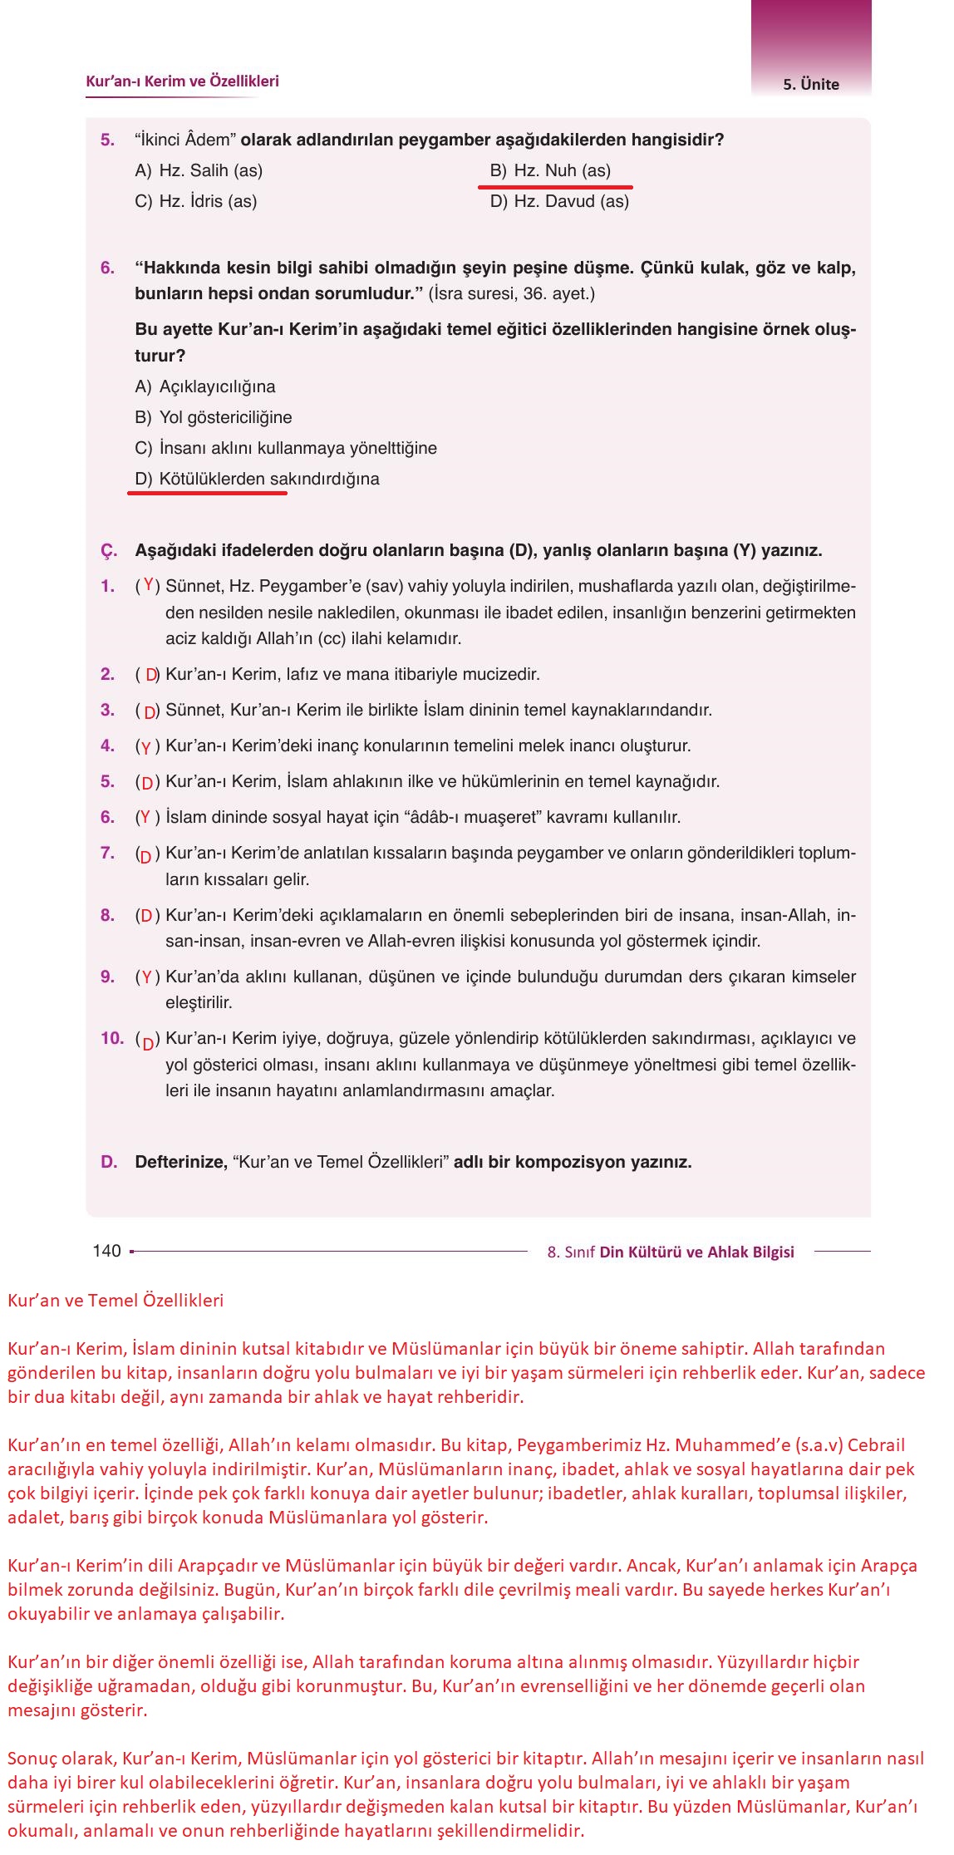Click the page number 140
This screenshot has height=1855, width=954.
coord(106,1251)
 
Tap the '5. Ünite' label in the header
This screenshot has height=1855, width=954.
coord(810,84)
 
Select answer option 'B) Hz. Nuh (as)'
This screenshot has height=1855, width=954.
coord(550,170)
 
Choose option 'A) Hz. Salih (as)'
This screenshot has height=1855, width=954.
coord(199,170)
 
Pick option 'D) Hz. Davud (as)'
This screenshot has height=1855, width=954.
coord(559,201)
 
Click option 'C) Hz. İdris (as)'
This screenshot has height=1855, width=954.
coord(195,201)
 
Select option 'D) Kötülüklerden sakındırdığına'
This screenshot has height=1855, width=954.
coord(257,479)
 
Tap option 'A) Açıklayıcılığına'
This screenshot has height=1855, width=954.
coord(204,386)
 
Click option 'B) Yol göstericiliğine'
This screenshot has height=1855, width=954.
coord(213,417)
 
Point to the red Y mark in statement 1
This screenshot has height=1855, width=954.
coord(149,585)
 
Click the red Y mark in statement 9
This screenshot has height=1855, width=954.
coord(147,977)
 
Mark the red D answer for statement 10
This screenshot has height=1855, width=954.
coord(148,1042)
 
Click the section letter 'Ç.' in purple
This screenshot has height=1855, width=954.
coord(109,551)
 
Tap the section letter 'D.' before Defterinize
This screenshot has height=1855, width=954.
coord(109,1162)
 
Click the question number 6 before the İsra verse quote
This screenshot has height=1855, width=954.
coord(107,268)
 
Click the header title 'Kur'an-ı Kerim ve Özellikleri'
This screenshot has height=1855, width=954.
coord(182,81)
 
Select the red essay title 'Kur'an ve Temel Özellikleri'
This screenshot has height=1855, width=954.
coord(116,1301)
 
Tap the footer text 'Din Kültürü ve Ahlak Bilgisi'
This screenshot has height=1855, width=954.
coord(696,1252)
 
